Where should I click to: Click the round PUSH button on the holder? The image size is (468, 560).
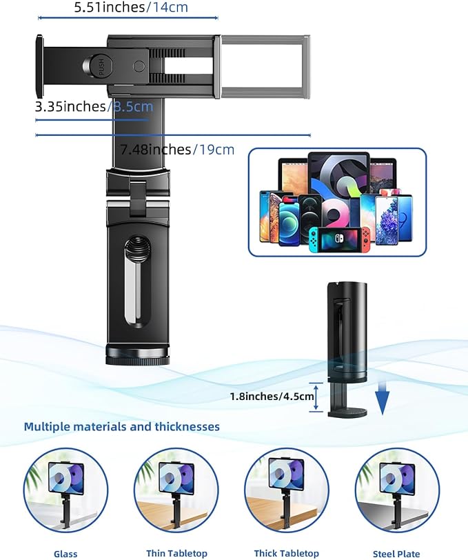point(101,66)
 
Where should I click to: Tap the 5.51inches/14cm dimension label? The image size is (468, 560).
point(131,7)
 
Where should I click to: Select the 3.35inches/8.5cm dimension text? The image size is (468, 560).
point(94,106)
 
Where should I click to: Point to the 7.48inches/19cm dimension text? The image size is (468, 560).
point(177,149)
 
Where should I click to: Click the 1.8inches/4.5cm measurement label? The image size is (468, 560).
point(272,397)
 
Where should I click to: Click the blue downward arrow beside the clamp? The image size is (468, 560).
point(383,397)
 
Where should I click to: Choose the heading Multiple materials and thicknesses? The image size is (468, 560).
point(122,426)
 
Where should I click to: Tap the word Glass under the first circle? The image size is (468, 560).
point(65,554)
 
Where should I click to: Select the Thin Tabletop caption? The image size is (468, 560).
point(176,554)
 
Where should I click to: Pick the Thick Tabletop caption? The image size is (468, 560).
point(286,554)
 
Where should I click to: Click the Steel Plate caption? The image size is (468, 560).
point(396,554)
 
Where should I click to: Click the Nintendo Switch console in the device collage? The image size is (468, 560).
point(340,239)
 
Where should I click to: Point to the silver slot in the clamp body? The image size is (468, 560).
point(135,282)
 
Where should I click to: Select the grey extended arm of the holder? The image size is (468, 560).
point(264,67)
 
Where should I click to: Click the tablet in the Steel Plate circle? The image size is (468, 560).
point(396,477)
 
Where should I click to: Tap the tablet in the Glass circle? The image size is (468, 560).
point(66,477)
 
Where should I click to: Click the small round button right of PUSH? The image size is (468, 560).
point(139,66)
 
